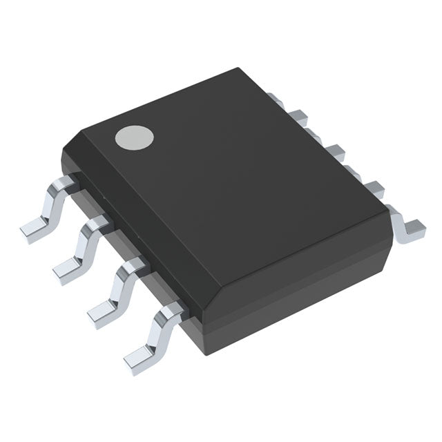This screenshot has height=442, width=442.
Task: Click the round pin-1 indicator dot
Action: tap(134, 137)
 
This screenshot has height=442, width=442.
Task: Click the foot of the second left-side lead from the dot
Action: tap(67, 269)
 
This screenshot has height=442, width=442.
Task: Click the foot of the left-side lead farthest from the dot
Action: tap(139, 356)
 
